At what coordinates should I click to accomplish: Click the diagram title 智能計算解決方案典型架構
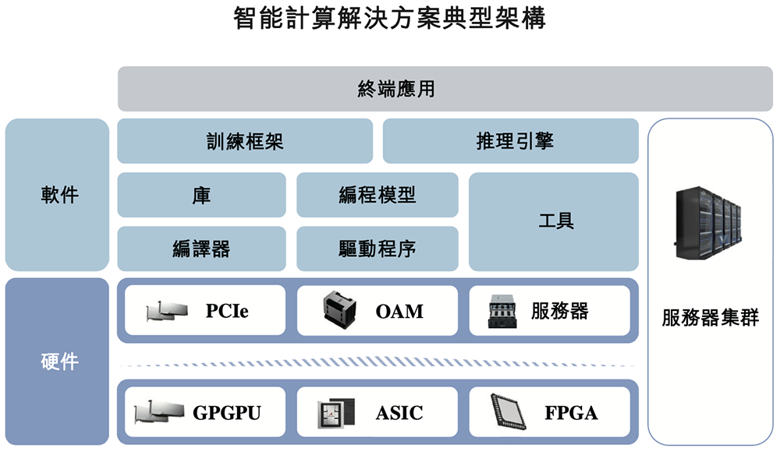389,19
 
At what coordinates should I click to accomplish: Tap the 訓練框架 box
244,141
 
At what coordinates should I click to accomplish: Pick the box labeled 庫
201,195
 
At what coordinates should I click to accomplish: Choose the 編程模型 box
378,195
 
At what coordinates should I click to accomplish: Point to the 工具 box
554,221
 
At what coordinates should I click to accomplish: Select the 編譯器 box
201,249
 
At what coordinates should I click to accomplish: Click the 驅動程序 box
378,249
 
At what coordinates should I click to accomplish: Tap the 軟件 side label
57,195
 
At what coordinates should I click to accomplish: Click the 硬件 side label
57,362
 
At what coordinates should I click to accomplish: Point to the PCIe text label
227,312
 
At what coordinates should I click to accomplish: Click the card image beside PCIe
167,312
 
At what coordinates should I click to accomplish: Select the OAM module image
339,311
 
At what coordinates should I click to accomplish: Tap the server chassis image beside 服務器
503,312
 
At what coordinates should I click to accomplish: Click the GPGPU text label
227,412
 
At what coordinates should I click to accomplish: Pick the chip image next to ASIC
336,412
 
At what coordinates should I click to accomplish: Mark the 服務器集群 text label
710,319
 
